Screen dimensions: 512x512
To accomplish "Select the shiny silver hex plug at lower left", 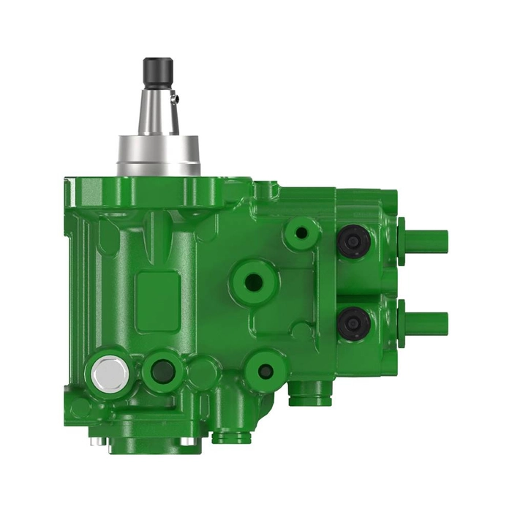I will click(110, 374).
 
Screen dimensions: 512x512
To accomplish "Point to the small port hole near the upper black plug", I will click(299, 236).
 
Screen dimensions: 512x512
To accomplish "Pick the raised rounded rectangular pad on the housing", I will click(158, 293).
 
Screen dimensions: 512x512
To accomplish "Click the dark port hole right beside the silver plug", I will click(163, 371).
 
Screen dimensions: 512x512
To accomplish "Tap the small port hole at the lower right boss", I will click(266, 370).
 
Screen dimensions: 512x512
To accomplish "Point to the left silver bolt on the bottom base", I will click(94, 441).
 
